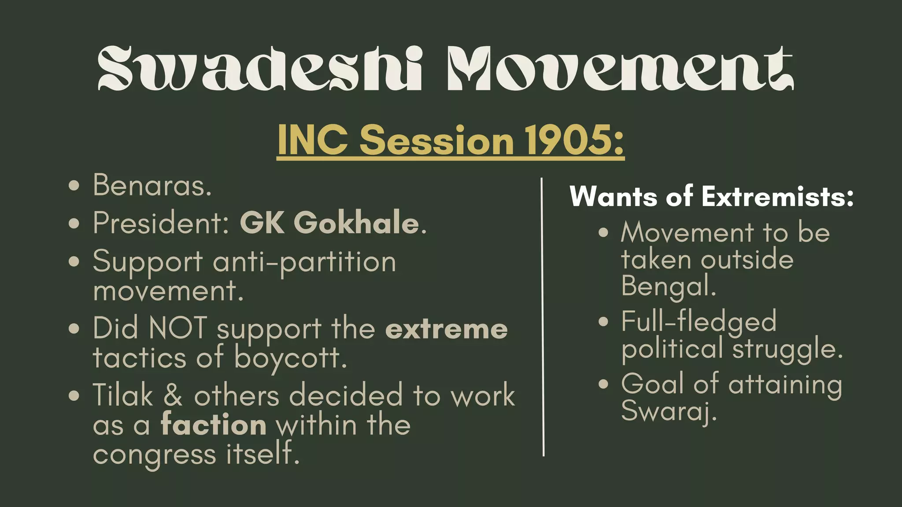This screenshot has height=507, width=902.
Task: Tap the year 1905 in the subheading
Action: (x=568, y=140)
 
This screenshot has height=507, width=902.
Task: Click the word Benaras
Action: (x=152, y=185)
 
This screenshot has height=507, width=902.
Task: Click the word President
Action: (x=160, y=223)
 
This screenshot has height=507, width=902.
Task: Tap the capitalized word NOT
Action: (x=178, y=328)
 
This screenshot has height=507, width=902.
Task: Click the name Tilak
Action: (x=123, y=395)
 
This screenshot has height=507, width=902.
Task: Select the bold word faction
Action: (x=214, y=425)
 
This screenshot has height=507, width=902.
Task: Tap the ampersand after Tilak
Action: (x=173, y=395)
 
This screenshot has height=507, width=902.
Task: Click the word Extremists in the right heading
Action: (x=777, y=196)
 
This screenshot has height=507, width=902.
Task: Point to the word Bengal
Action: (x=668, y=287)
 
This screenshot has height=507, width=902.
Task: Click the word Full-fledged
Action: (x=699, y=321)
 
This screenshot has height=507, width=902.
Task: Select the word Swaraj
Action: (x=668, y=411)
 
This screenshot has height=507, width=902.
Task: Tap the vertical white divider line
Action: (x=543, y=317)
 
